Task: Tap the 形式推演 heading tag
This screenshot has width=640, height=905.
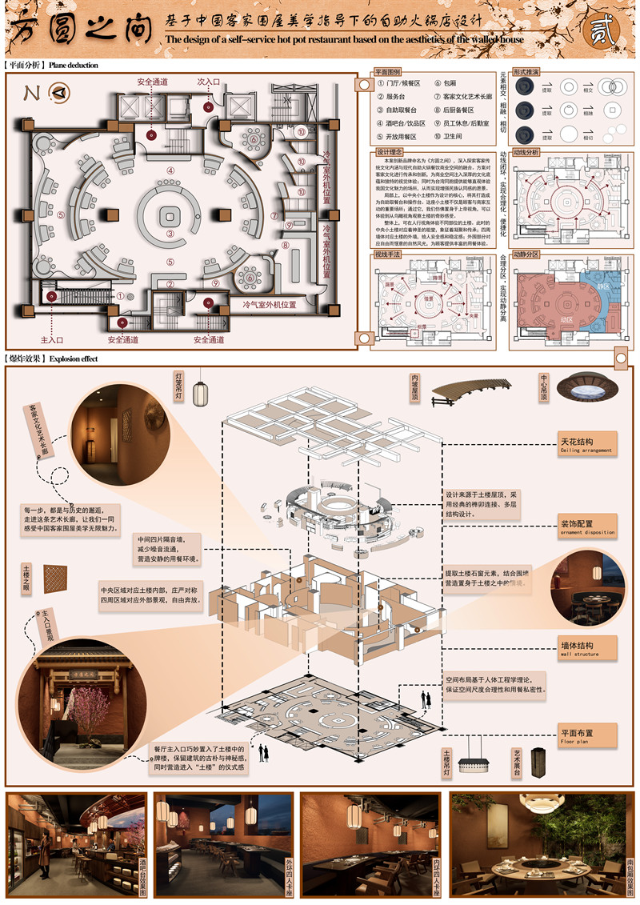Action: [x=526, y=72]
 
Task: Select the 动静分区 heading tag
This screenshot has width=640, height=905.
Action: [x=526, y=254]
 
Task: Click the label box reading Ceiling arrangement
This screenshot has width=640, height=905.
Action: [x=587, y=443]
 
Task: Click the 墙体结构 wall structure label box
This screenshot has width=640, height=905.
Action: [x=587, y=647]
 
